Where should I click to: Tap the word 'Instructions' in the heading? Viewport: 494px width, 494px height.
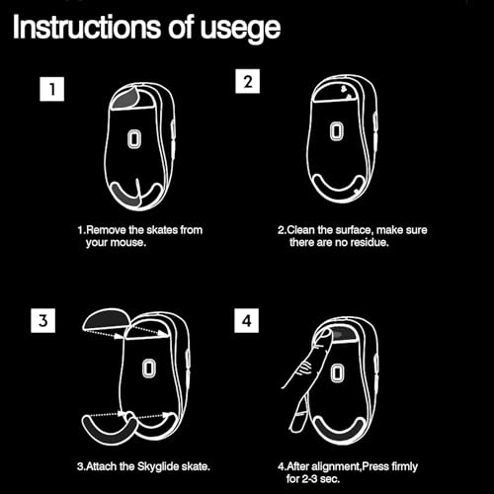(x=87, y=27)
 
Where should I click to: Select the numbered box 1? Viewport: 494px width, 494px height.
(x=52, y=89)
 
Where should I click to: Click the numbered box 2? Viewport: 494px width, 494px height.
(x=248, y=81)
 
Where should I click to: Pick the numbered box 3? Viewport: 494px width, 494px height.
(x=43, y=320)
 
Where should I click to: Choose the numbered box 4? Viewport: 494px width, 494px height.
(x=247, y=320)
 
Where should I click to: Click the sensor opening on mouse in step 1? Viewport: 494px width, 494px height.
(x=134, y=138)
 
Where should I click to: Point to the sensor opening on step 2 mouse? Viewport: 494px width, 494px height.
(x=337, y=130)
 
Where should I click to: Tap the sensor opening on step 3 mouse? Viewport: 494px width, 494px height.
(x=149, y=369)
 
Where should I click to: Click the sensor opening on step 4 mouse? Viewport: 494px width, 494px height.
(x=338, y=373)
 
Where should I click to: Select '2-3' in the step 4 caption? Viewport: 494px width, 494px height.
(x=309, y=479)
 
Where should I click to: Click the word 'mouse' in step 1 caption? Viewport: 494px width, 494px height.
(x=127, y=243)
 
